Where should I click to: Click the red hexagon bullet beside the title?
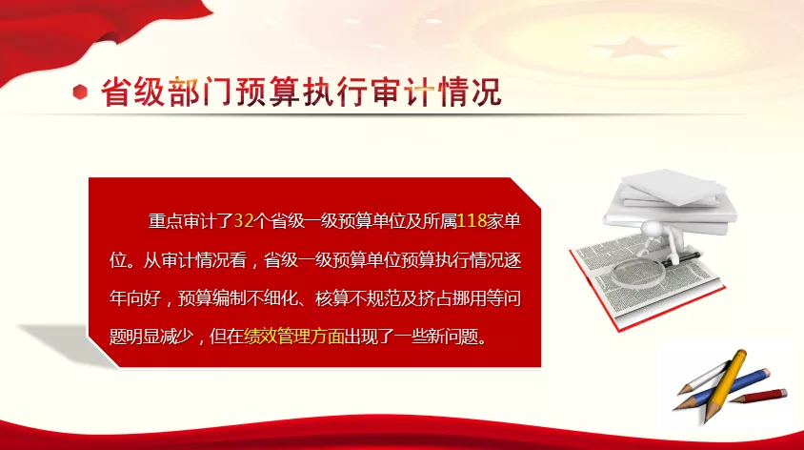pos(80,92)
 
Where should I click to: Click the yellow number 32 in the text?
pos(244,221)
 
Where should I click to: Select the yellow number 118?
pos(472,221)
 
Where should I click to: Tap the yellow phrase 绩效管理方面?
pos(294,337)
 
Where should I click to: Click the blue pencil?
pos(723,389)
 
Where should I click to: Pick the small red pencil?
pos(760,396)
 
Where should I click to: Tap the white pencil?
pos(703,378)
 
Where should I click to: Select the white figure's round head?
pos(653,230)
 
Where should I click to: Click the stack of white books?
pos(670,201)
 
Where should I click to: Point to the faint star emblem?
pos(634,48)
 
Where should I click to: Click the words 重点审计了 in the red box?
pos(191,221)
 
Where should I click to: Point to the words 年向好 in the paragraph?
pos(135,298)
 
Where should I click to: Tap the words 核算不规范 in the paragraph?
pos(357,298)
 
